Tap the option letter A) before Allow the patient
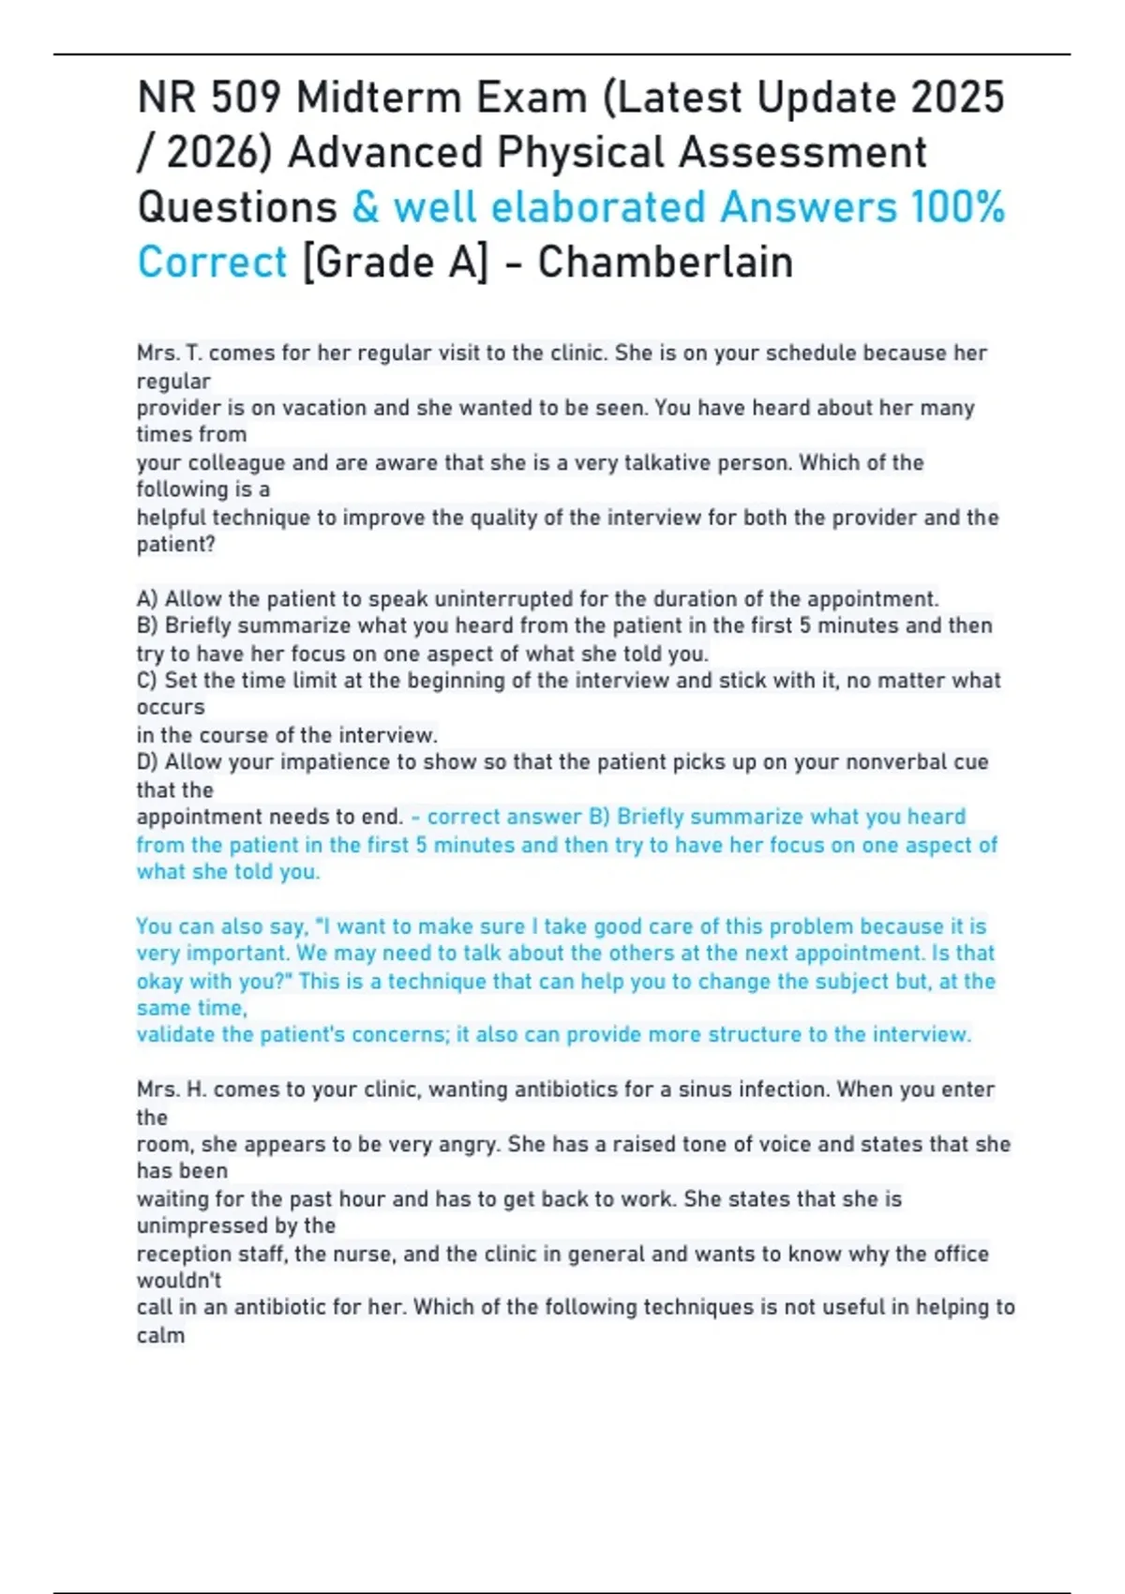pos(147,599)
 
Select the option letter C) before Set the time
pos(147,681)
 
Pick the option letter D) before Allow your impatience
pos(148,762)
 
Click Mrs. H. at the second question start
pos(171,1090)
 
